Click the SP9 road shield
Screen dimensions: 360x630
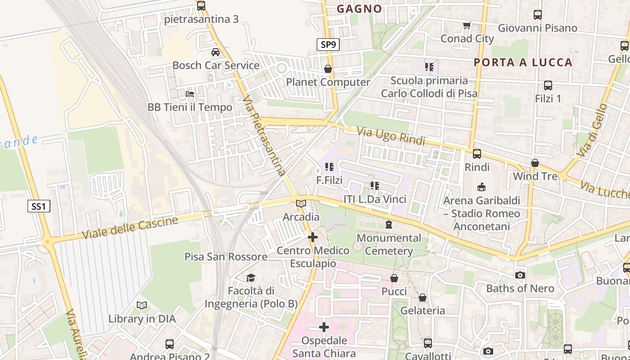coord(328,45)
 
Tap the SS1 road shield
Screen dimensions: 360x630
coord(39,207)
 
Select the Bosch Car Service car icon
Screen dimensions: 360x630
coord(216,52)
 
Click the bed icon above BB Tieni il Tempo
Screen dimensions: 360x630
coord(190,94)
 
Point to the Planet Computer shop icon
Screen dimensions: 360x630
coord(328,69)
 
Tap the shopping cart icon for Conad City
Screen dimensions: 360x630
coord(467,25)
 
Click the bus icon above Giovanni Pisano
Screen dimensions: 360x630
coord(537,15)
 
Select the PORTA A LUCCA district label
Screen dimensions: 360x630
coord(523,62)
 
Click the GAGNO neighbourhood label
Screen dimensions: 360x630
coord(359,9)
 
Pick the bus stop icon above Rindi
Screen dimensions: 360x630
coord(477,154)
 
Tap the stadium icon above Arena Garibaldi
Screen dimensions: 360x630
coord(481,187)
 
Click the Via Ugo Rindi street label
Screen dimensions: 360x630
coord(391,136)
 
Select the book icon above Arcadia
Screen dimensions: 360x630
coord(301,204)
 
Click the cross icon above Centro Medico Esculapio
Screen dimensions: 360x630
coord(313,237)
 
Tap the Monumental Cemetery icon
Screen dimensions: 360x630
coord(388,224)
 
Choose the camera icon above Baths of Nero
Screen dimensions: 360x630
coord(520,275)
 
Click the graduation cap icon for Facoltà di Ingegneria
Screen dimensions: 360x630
coord(251,278)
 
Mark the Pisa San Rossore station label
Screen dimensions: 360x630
coord(226,256)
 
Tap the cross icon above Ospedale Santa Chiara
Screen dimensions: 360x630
coord(324,327)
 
